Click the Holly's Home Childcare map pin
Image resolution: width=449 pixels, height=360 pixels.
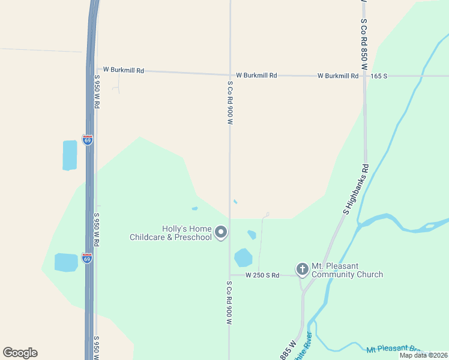[x=221, y=232]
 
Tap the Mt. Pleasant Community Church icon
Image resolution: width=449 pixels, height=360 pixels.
[x=302, y=269]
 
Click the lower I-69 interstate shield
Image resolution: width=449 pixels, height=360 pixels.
[x=87, y=258]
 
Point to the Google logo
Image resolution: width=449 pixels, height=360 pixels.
[x=20, y=353]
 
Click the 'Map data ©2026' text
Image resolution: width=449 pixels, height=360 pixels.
[x=423, y=355]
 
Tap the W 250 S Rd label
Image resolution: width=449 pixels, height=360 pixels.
[x=263, y=275]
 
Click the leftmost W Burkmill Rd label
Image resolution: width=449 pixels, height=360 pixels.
[x=124, y=70]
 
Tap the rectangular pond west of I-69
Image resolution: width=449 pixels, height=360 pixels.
[x=70, y=155]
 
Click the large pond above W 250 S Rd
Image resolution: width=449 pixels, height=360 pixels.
[x=243, y=257]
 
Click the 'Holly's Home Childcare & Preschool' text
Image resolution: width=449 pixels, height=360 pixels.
[x=171, y=233]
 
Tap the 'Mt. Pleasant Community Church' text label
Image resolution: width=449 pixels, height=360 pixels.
[x=347, y=271]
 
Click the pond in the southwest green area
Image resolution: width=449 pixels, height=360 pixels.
[x=66, y=262]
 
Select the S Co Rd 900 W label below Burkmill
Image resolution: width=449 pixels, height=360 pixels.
[x=230, y=102]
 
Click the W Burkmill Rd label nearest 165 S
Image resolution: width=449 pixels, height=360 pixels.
[x=337, y=76]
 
